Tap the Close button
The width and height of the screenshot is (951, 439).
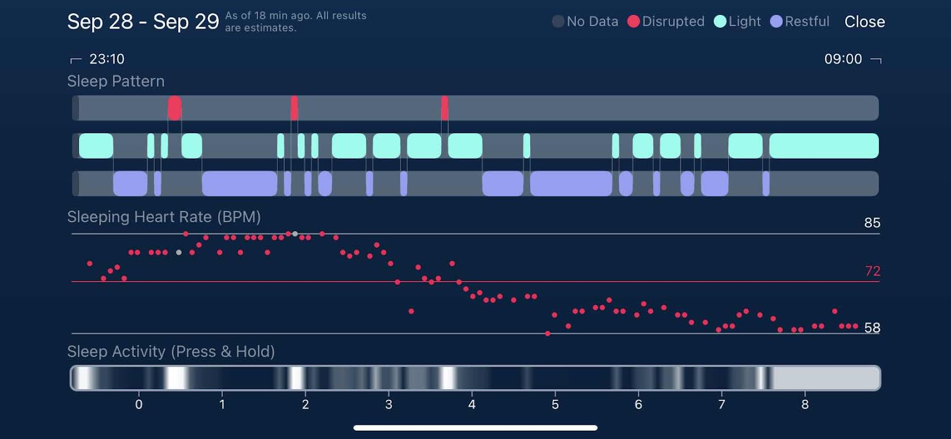[864, 22]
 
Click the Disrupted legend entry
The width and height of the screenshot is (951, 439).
[666, 21]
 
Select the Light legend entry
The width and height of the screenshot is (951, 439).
[738, 21]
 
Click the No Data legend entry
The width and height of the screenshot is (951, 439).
[585, 21]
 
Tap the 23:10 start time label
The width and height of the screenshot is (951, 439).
[106, 59]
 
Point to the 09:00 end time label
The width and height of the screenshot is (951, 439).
[843, 59]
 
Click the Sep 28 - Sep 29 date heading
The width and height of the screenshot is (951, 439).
[143, 22]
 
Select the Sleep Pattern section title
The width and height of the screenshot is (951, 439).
[116, 81]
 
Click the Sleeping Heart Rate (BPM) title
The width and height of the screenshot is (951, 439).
[164, 217]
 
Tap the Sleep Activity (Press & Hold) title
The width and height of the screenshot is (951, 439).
[171, 352]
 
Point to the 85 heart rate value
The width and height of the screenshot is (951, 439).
[872, 223]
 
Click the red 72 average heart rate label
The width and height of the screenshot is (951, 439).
[872, 271]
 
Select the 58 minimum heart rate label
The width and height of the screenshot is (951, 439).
[872, 328]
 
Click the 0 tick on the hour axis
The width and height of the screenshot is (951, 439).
[139, 405]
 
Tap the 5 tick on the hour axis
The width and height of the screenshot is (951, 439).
[555, 405]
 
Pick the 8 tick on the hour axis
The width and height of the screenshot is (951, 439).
[805, 405]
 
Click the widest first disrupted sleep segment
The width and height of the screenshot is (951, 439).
[175, 108]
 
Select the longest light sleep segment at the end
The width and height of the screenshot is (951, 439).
[824, 146]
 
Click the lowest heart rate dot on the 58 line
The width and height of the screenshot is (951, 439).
[547, 334]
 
